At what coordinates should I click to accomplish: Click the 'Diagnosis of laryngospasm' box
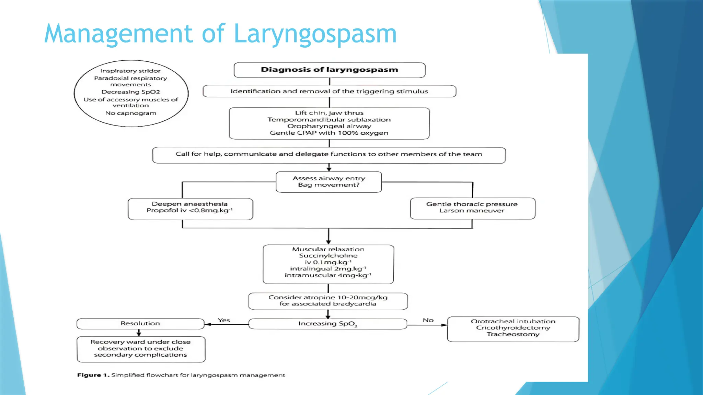(x=329, y=70)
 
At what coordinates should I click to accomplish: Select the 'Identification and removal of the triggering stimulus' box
(x=329, y=91)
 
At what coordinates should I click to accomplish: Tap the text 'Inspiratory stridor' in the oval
(x=130, y=71)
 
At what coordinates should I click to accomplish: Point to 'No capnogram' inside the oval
(x=130, y=113)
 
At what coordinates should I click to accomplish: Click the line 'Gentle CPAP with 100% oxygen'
(x=329, y=133)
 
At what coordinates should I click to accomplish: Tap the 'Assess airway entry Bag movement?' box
(x=329, y=182)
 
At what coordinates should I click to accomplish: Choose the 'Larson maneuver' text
(x=472, y=211)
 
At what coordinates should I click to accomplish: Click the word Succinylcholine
(x=328, y=256)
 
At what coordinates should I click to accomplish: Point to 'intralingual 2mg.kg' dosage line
(x=328, y=269)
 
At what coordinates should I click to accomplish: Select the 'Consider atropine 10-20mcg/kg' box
(x=328, y=301)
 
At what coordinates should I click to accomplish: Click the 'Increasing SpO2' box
(x=327, y=324)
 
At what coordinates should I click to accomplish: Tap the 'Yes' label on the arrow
(x=224, y=320)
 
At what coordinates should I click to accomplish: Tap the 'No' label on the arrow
(x=428, y=320)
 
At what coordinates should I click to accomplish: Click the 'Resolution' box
(x=140, y=324)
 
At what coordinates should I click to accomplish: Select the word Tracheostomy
(x=513, y=334)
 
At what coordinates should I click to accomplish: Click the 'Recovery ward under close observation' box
(x=141, y=348)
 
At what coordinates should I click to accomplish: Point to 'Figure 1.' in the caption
(x=93, y=375)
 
